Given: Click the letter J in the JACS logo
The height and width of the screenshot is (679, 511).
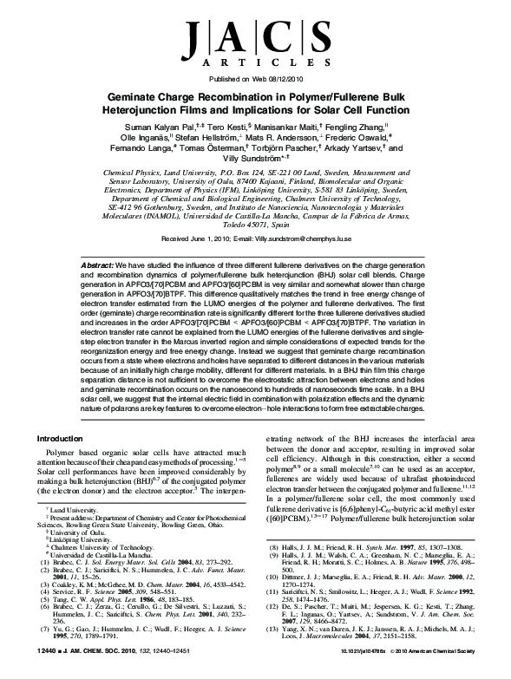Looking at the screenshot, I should (x=202, y=38).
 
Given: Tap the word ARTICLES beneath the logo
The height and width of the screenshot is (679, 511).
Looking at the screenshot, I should (x=255, y=63).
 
